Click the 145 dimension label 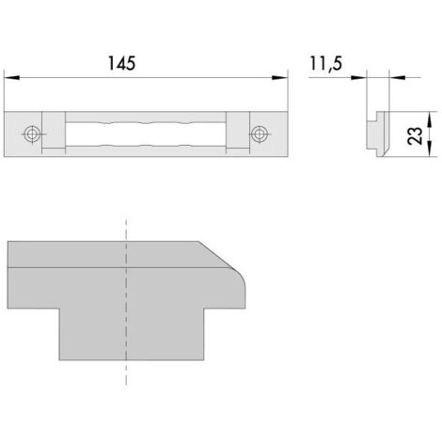(x=121, y=63)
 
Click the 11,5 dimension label (x=326, y=64)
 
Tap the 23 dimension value (x=415, y=135)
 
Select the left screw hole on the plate (x=32, y=134)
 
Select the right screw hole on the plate (x=259, y=134)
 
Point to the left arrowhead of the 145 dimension (x=12, y=77)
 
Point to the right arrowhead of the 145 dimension (x=279, y=77)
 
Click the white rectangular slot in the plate (x=146, y=134)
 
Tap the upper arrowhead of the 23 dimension (x=430, y=119)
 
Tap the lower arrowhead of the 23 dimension (x=430, y=149)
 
